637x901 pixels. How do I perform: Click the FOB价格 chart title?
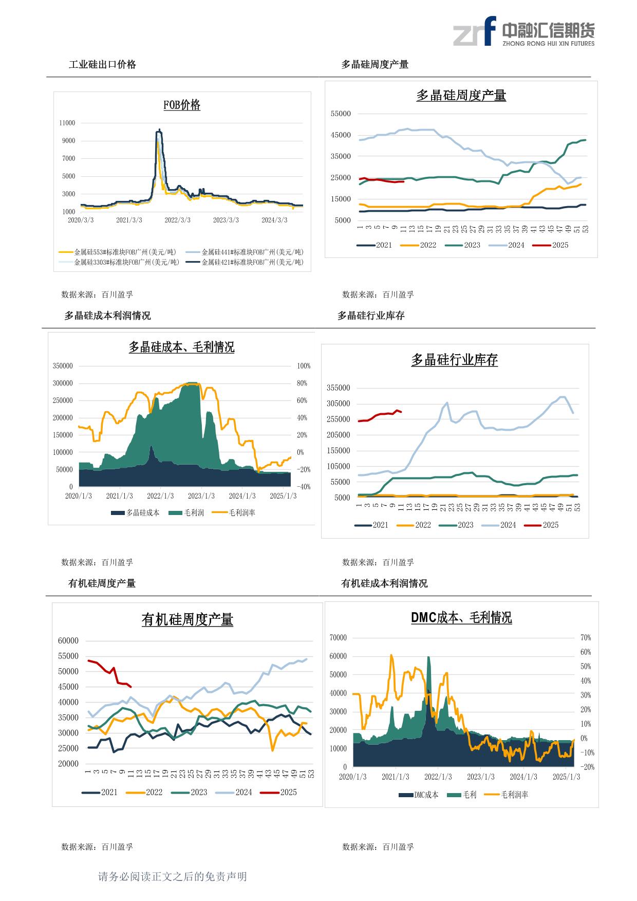coord(182,105)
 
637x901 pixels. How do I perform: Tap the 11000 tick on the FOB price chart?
coord(67,123)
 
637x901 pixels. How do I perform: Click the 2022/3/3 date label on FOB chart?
coord(177,220)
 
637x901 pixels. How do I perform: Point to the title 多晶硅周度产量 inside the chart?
coord(461,96)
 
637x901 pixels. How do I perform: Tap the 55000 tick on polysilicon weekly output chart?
coord(341,114)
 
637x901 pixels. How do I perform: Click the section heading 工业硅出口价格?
coord(102,64)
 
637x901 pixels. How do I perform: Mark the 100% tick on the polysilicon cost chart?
coord(304,366)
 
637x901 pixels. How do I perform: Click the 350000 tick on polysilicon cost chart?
coord(63,366)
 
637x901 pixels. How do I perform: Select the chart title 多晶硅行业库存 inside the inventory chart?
coord(454,360)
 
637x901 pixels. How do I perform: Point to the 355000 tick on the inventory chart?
coord(338,388)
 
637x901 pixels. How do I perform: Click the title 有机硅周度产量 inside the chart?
coord(187,620)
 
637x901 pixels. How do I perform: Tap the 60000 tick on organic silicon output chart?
coord(68,640)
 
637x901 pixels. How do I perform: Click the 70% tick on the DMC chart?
coord(586,637)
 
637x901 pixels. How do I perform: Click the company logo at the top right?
coord(523,31)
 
